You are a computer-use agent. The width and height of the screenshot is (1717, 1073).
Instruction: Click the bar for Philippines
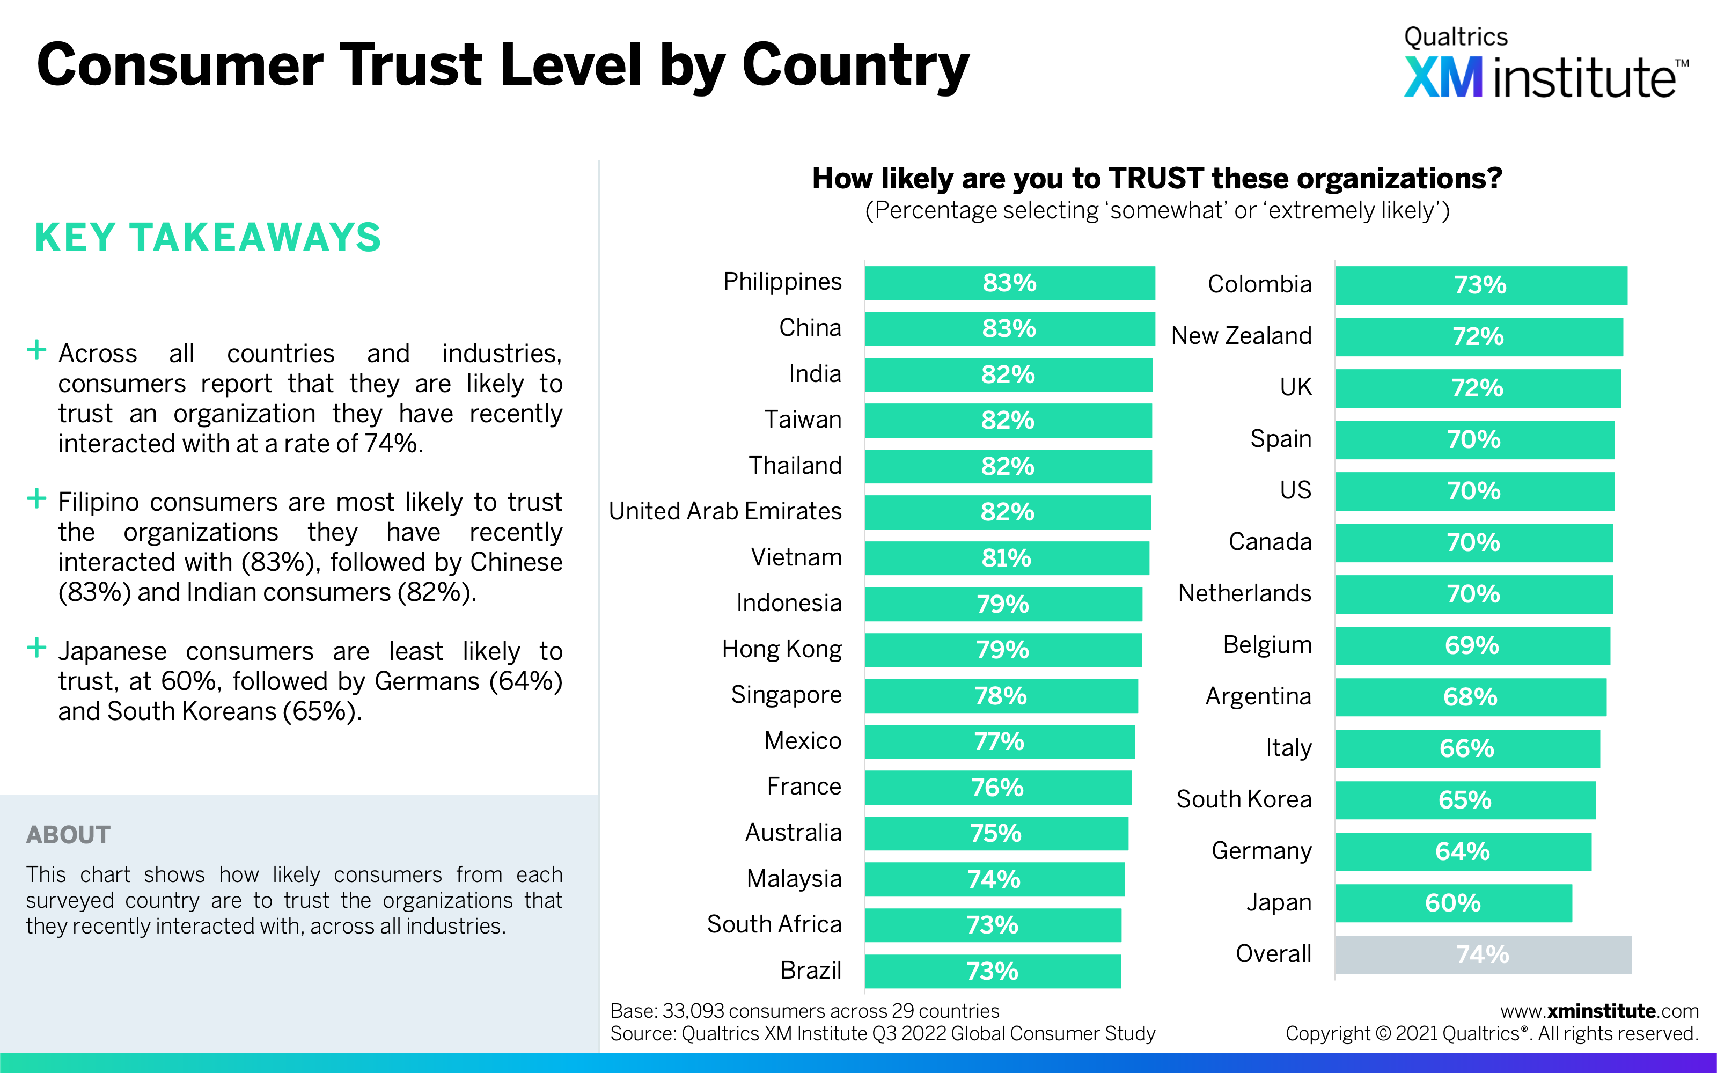click(1009, 283)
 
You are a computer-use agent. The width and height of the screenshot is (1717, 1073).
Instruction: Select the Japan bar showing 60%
click(1453, 903)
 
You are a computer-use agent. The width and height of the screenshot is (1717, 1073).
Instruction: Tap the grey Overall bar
click(1483, 954)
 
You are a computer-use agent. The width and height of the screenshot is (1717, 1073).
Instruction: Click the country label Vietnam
click(796, 557)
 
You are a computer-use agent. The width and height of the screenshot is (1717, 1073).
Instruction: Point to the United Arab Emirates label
click(725, 511)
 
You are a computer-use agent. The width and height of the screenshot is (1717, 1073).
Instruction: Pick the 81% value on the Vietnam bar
click(1006, 558)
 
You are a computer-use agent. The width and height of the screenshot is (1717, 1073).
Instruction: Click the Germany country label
click(1261, 850)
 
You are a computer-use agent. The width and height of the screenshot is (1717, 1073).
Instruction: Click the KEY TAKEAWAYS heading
click(208, 237)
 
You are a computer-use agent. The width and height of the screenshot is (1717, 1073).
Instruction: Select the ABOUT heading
click(68, 835)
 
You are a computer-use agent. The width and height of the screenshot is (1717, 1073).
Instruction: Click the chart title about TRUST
click(1156, 178)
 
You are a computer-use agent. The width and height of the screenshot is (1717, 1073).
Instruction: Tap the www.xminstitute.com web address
click(1599, 1011)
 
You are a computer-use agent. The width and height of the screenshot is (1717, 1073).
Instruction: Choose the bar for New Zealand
click(1479, 336)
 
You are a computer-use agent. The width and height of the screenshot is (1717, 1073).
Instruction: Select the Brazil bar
click(993, 971)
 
